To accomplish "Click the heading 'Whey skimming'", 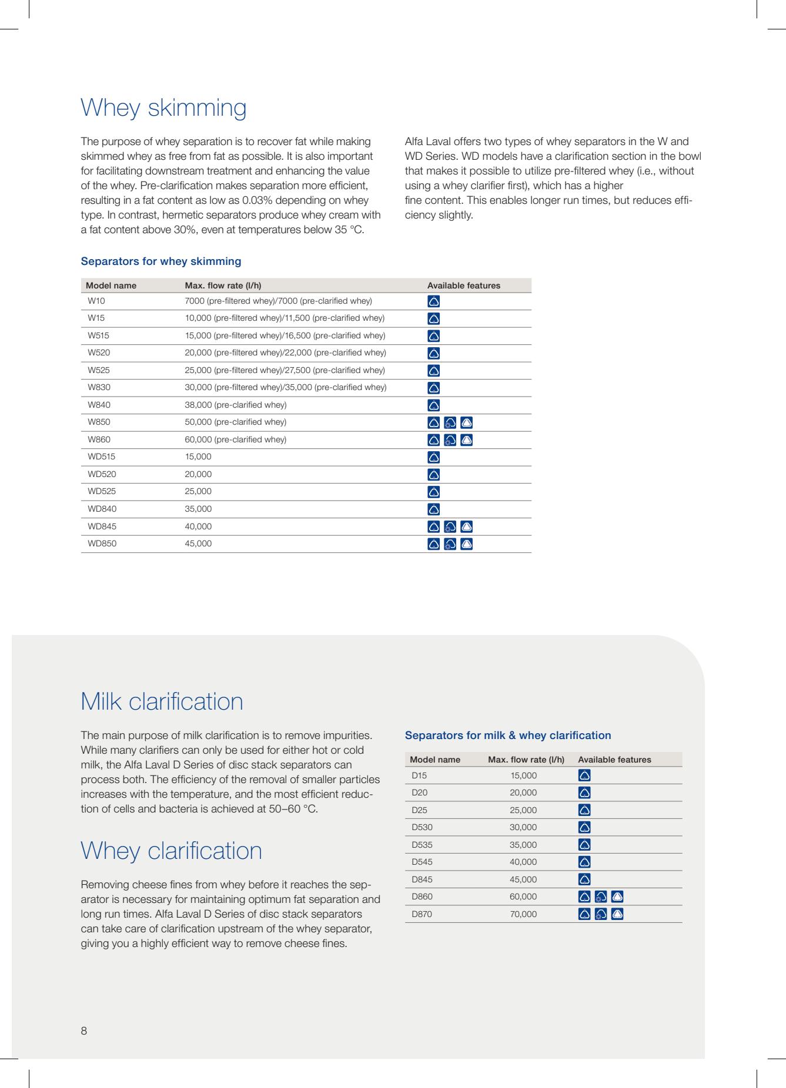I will pos(163,108).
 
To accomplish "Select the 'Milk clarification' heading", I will pos(162,701).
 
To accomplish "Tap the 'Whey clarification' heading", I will pos(171,851).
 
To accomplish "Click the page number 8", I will pos(84,1030).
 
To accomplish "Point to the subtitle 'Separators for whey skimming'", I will pos(160,261).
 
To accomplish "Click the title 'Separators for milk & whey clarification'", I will pos(508,736).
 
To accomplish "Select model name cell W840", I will pos(99,405).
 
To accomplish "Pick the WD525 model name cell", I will pos(102,491).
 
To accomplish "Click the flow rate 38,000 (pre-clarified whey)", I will pos(236,405).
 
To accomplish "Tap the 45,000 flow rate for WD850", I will pos(198,543).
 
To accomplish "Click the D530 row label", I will pos(422,827).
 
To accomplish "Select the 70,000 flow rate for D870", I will pos(523,914).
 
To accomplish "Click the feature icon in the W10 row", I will pos(434,302).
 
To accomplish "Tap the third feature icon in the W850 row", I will pos(467,422).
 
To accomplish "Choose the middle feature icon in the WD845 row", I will pos(450,527).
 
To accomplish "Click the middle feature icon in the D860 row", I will pos(601,897).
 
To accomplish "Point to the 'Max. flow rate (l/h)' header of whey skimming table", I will pos(223,286).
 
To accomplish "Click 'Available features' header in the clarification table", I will pos(614,760).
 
